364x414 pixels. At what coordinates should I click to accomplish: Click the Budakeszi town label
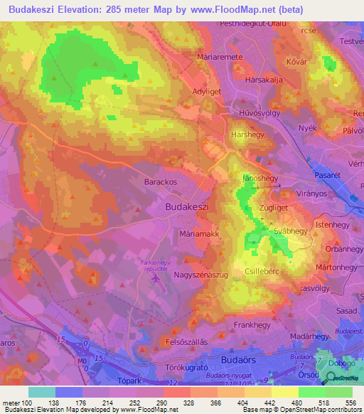(186, 206)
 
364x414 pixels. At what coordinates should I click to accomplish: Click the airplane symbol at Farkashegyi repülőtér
(156, 277)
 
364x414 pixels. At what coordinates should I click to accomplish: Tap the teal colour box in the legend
(42, 392)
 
